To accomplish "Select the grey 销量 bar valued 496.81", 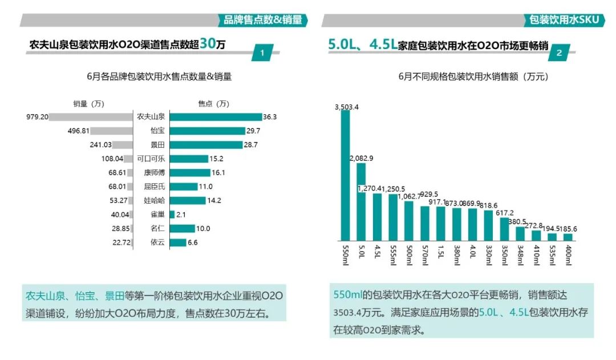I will click(112, 131).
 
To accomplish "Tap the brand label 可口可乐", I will click(151, 159).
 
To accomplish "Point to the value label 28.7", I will click(268, 145).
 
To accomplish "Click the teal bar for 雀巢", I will click(172, 215).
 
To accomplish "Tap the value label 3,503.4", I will click(346, 107).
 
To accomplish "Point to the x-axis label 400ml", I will click(568, 256).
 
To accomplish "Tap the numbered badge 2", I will click(559, 53).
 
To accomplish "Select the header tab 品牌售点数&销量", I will click(262, 21).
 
